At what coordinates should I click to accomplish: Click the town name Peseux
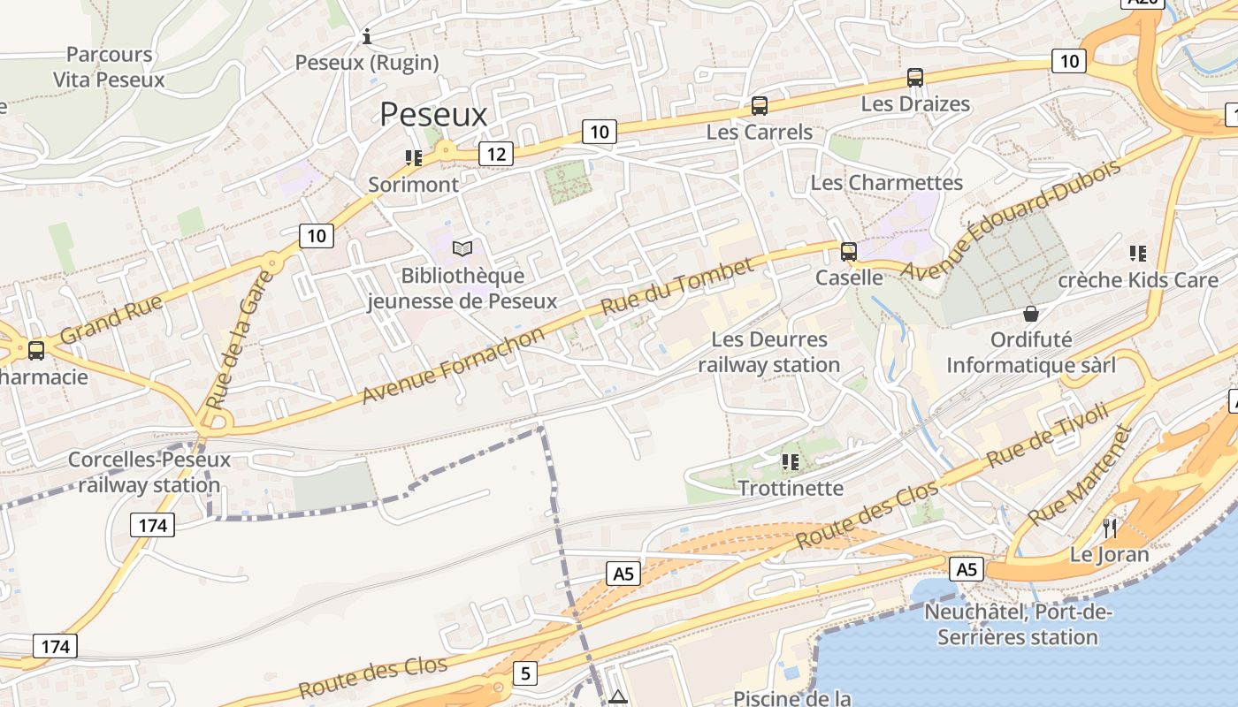[x=433, y=115]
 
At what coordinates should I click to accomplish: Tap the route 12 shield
[x=496, y=155]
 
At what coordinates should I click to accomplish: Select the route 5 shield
[x=526, y=673]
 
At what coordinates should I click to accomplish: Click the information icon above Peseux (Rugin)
[x=367, y=37]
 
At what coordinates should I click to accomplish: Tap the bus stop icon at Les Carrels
[x=759, y=106]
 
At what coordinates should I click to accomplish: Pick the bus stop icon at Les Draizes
[x=914, y=78]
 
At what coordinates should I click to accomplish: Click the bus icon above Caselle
[x=849, y=251]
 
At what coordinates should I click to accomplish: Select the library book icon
[x=462, y=249]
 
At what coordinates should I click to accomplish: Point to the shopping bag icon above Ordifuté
[x=1030, y=314]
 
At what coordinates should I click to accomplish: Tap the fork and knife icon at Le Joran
[x=1110, y=528]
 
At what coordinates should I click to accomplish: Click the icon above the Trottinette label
[x=791, y=461]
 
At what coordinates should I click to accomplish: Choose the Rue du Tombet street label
[x=677, y=286]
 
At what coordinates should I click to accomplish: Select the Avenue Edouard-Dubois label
[x=1011, y=219]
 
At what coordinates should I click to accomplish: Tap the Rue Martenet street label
[x=1081, y=475]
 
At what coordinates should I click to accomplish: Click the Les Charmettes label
[x=886, y=183]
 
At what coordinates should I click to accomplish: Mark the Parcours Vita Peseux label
[x=109, y=67]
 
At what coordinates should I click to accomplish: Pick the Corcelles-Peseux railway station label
[x=149, y=472]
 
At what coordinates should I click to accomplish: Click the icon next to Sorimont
[x=413, y=158]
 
